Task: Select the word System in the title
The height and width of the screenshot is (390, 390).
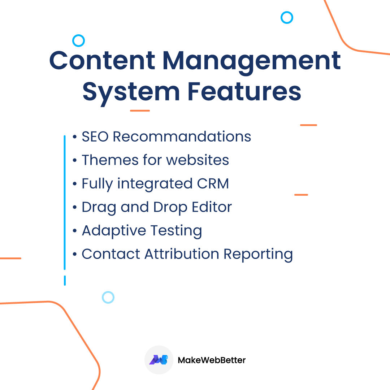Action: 131,92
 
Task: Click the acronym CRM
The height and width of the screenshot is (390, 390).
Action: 213,183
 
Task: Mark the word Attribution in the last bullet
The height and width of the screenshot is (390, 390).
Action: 182,254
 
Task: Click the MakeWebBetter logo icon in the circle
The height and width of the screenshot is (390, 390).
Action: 159,360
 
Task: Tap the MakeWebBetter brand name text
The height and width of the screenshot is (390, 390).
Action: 212,360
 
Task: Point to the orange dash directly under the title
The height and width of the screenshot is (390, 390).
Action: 140,110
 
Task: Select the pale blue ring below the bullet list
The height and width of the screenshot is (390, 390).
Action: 108,297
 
